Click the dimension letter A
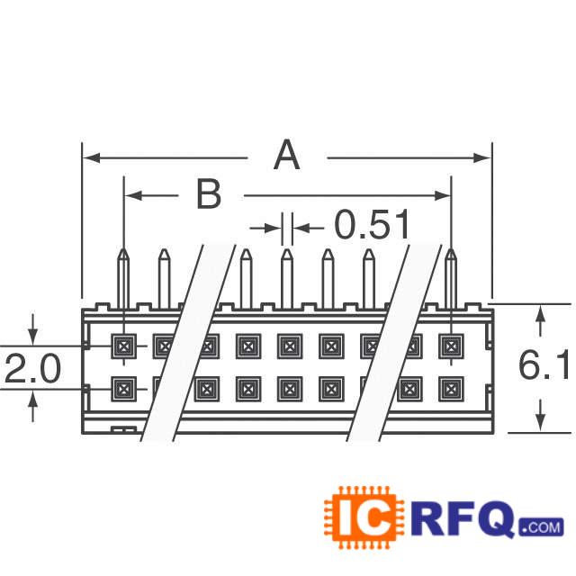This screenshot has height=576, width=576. [x=286, y=157]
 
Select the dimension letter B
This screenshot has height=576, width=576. [x=209, y=194]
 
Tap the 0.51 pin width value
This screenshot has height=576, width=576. [x=372, y=226]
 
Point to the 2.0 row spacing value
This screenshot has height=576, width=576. [x=32, y=369]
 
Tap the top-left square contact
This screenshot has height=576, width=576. [x=123, y=345]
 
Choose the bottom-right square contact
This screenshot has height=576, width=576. [x=449, y=389]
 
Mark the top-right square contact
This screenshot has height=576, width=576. [x=449, y=345]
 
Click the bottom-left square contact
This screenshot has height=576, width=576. [x=123, y=389]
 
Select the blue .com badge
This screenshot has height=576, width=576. [x=540, y=526]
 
